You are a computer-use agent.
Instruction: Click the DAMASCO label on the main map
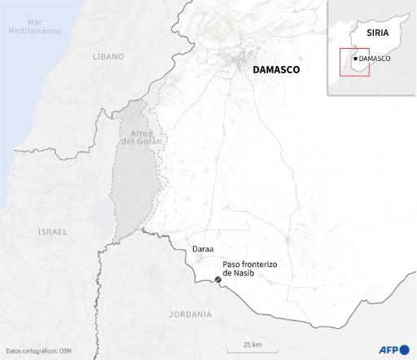(276, 71)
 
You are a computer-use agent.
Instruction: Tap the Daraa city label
(204, 248)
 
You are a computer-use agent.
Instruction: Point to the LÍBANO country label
(108, 57)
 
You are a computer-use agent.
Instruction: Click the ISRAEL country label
(53, 232)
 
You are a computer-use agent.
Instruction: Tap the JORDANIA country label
(190, 314)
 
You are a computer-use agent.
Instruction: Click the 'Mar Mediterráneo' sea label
(33, 24)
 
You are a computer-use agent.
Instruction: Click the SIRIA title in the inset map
(376, 34)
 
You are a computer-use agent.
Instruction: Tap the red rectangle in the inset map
(354, 61)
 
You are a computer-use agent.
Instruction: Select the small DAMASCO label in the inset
(376, 59)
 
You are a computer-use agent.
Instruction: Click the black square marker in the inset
(356, 59)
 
